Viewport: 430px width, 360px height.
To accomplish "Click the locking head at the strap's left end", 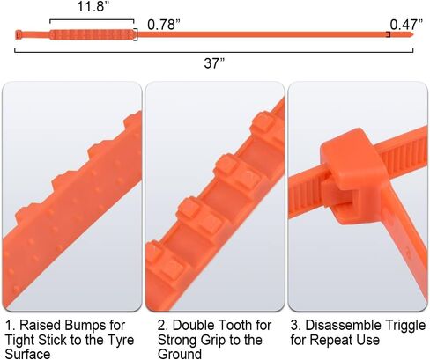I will tap(19, 34).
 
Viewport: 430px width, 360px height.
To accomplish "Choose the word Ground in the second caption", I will tap(180, 353).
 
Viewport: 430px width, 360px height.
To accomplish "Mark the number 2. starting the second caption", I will tap(163, 325).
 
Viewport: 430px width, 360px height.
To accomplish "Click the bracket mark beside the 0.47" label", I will tap(388, 34).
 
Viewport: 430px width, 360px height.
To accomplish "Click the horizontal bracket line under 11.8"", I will tap(92, 20).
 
